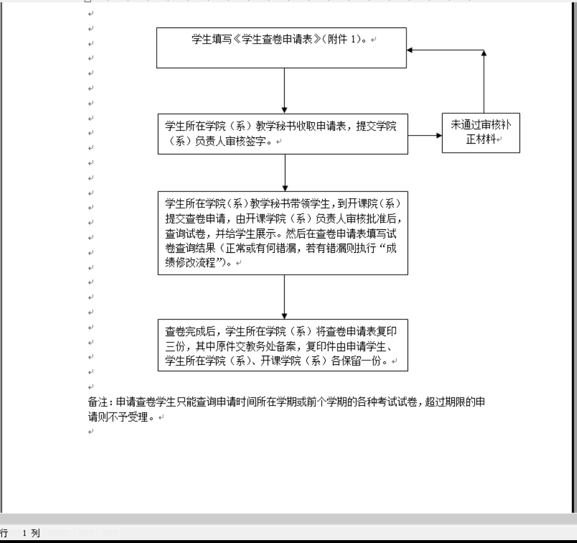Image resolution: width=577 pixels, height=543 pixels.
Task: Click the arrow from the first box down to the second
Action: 284,91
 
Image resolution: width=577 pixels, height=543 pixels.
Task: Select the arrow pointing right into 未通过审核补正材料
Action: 425,136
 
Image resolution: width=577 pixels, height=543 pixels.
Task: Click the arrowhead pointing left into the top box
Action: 409,50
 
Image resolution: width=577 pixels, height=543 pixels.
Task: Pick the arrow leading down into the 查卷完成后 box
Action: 284,297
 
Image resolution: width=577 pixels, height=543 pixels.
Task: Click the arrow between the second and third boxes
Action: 285,173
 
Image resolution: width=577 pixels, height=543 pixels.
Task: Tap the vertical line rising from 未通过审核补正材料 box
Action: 484,82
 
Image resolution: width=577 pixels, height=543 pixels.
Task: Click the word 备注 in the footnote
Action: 98,402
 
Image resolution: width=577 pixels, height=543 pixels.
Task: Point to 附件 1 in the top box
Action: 342,39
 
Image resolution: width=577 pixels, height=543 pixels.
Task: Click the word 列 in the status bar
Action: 36,533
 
